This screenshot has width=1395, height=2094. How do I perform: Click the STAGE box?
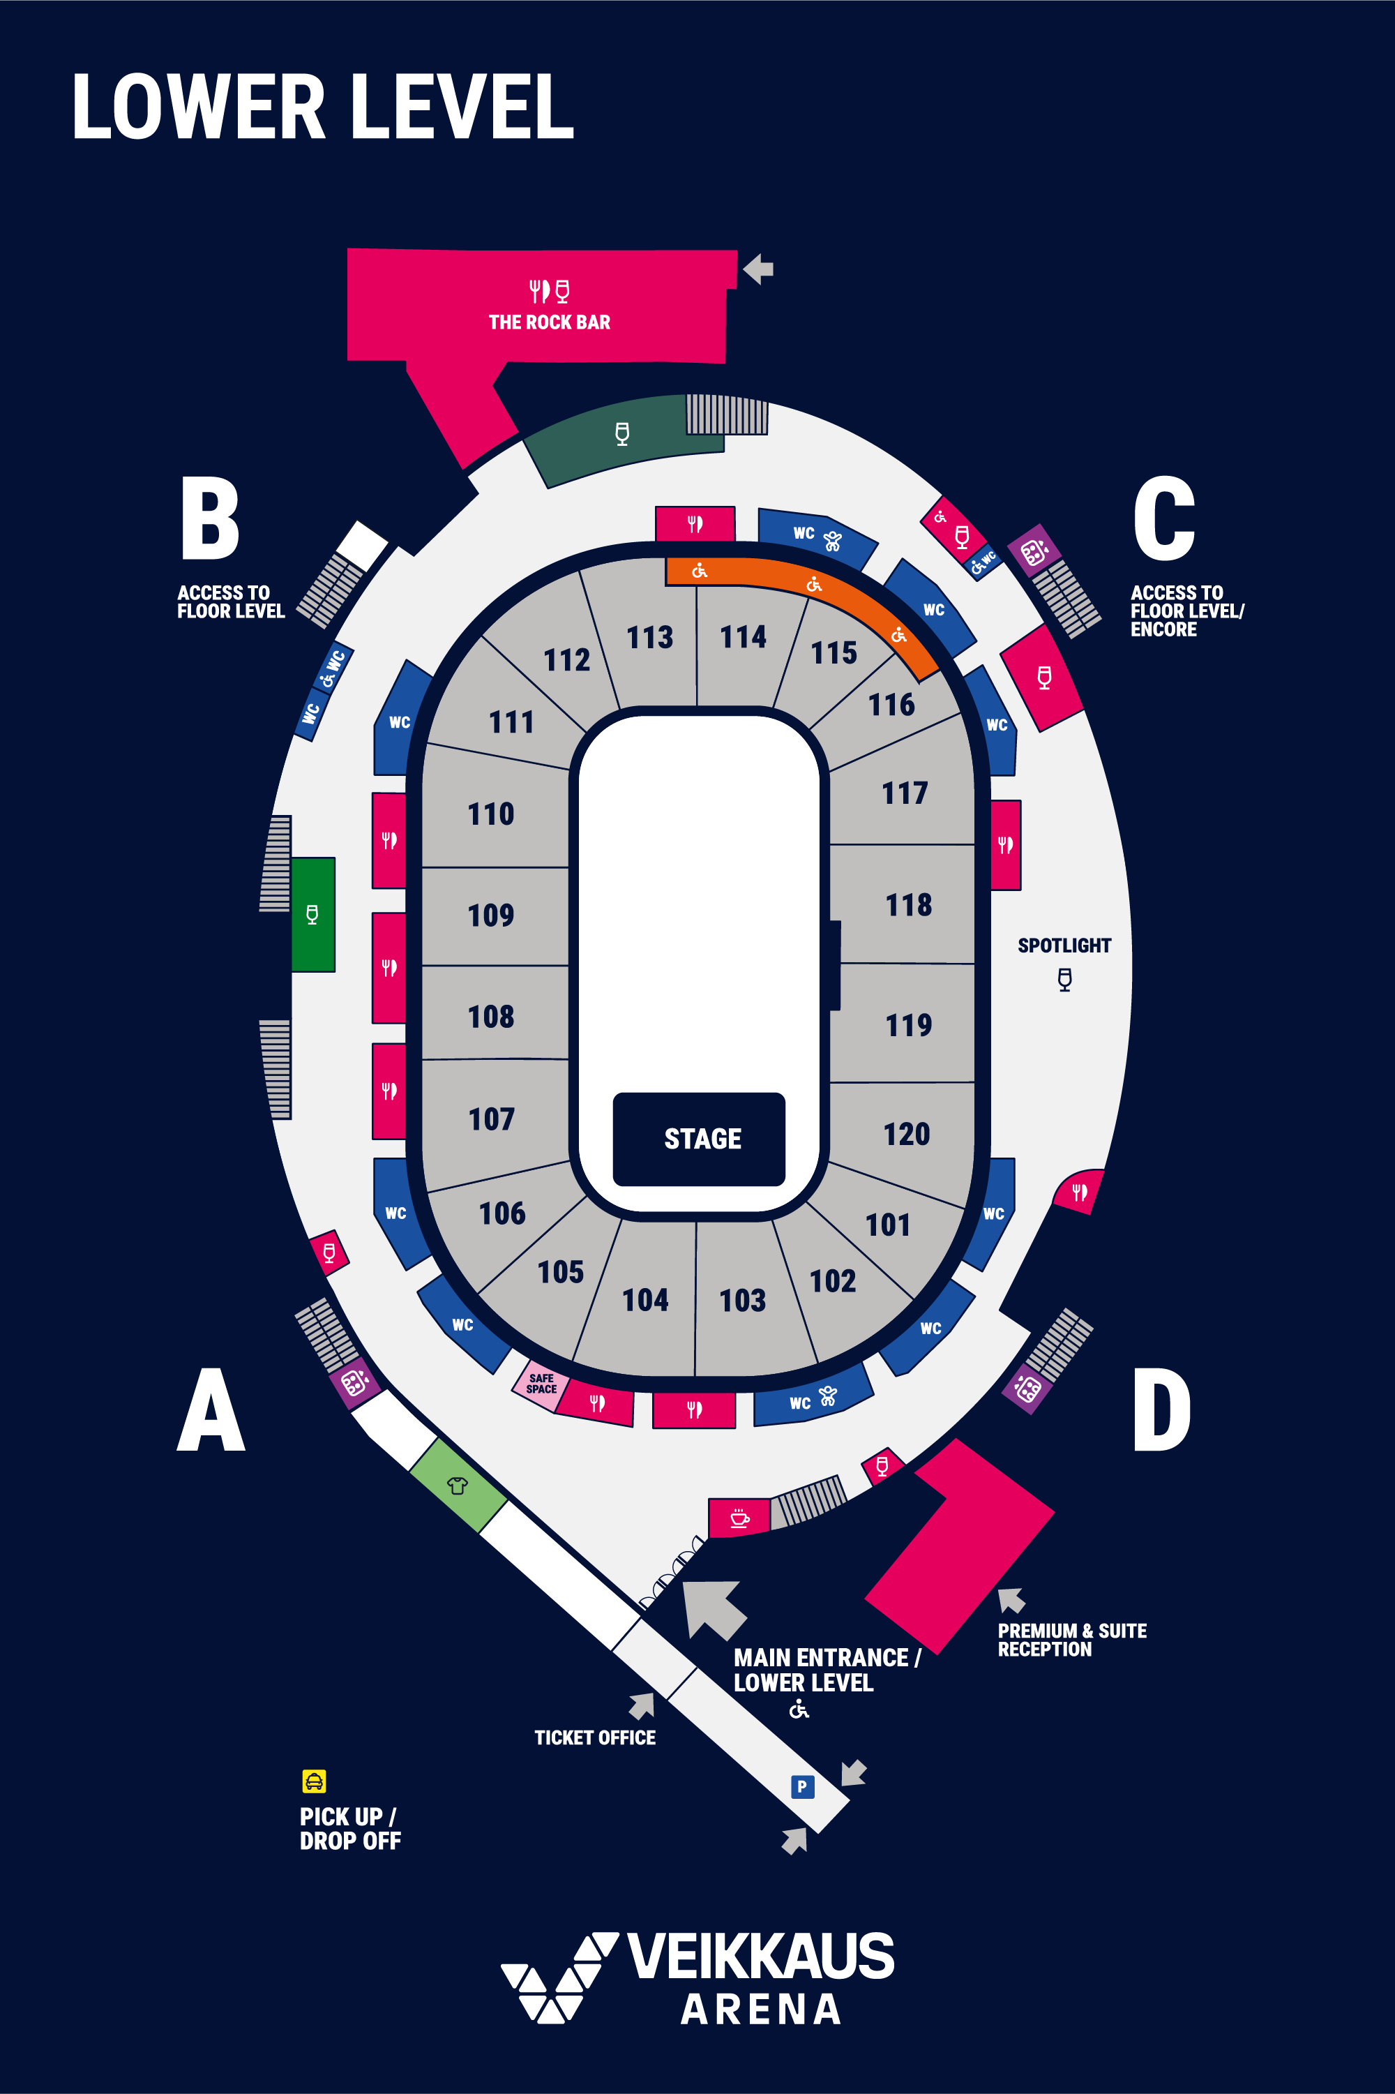tap(700, 1139)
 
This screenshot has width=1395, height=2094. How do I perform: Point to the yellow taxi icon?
tap(314, 1781)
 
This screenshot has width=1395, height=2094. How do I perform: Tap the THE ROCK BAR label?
tap(550, 322)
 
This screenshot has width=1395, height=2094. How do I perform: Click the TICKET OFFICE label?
tap(595, 1737)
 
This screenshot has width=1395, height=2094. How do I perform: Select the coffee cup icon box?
tap(739, 1518)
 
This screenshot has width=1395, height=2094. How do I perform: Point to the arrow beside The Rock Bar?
tap(758, 269)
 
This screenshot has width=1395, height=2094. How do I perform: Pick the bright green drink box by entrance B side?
tap(313, 914)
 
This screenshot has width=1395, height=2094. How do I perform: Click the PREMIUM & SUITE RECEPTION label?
tap(1072, 1640)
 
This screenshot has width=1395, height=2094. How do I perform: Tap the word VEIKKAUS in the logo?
tap(761, 1956)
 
